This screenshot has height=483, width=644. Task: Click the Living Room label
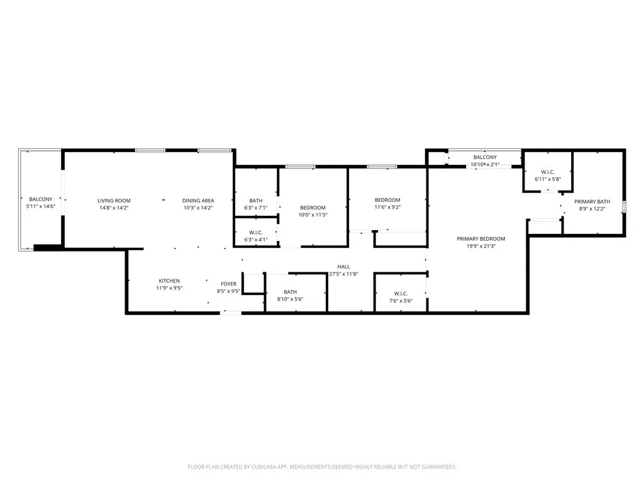tap(114, 201)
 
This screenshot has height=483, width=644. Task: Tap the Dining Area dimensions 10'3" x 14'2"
tap(198, 208)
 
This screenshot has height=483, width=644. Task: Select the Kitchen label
tap(169, 280)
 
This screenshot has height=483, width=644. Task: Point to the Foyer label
tap(228, 284)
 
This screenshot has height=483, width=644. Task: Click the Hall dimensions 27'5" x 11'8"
tap(343, 274)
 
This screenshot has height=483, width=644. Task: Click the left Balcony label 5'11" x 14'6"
tap(40, 206)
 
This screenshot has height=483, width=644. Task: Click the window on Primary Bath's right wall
tap(624, 207)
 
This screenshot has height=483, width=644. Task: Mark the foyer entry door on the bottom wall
tap(231, 313)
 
